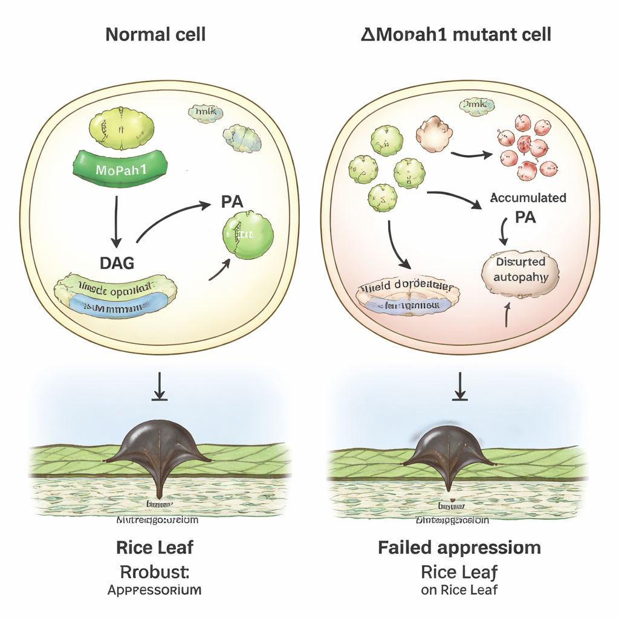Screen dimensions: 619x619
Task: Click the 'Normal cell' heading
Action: point(155,34)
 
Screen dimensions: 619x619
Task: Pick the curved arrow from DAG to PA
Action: point(169,219)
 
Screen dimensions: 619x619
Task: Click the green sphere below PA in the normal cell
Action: point(248,235)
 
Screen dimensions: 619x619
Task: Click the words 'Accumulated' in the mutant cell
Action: point(527,198)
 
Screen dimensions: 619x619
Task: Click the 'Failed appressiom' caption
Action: point(459,548)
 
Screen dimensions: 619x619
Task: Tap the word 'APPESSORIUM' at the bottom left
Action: point(154,590)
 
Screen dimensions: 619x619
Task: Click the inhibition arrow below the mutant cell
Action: point(461,387)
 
